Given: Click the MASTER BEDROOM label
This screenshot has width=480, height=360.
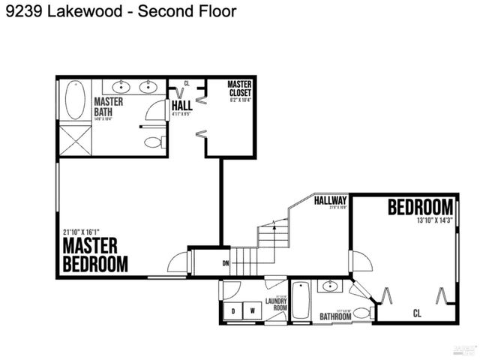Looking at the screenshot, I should coord(94,255).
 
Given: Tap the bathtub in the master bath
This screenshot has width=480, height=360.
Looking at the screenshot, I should coord(73,101).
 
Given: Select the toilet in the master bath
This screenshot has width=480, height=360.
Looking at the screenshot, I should coord(153,142).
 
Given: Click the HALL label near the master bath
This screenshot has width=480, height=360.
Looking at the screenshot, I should coord(182,106).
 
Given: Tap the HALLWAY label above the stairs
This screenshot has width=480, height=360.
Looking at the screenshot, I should coord(330,201).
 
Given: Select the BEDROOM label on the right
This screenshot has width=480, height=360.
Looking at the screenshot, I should coord(420,207).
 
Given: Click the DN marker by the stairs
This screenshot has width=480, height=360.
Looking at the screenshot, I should coord(225,263).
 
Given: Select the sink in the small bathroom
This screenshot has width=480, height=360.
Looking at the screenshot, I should coord(329,286).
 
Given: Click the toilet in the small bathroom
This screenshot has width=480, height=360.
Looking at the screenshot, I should coord(361,313).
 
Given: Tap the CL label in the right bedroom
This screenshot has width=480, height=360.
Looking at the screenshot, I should coord(417,313).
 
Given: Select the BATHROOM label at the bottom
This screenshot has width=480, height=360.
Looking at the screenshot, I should coord(335,316).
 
